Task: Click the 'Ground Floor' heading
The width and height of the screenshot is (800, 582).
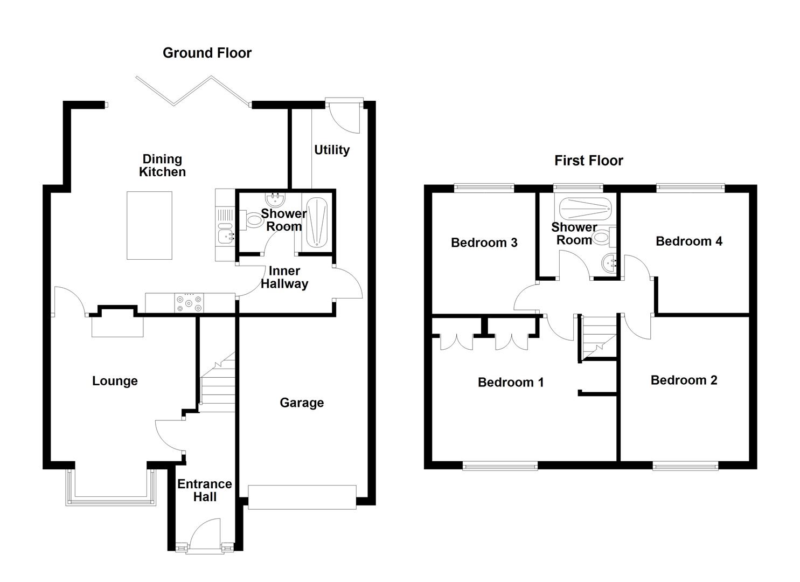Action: tap(207, 53)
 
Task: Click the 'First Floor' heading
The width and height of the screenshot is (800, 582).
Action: tap(588, 161)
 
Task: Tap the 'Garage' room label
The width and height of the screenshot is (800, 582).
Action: tap(302, 403)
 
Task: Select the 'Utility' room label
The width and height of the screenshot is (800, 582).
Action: tap(332, 150)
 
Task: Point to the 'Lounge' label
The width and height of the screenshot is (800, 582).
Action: tap(115, 381)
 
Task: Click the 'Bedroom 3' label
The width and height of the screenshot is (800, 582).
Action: tap(484, 242)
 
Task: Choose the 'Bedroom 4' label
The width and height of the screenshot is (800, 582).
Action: tap(688, 241)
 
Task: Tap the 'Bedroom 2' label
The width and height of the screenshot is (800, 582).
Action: tap(684, 380)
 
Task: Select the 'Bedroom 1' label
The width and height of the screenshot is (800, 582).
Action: tap(510, 382)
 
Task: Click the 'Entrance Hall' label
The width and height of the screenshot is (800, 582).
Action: tap(205, 490)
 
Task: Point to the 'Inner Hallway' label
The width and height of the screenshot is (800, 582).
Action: tap(284, 278)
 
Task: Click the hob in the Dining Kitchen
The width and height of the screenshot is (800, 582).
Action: tap(189, 303)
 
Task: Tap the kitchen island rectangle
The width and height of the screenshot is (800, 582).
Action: tap(150, 225)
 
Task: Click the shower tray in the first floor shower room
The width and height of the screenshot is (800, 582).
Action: tap(585, 208)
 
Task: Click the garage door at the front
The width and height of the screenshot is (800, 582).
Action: tap(302, 497)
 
